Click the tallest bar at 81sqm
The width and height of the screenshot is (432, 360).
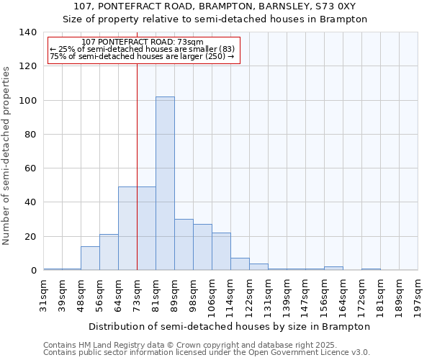tap(165, 184)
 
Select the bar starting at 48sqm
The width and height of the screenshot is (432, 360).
tap(90, 258)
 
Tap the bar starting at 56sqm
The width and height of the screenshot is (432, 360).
tap(109, 252)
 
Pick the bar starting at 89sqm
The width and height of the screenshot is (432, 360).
tap(184, 245)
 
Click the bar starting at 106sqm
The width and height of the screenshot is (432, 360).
tap(221, 251)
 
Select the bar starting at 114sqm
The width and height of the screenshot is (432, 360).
tap(240, 264)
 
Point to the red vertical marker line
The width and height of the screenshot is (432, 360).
tap(137, 166)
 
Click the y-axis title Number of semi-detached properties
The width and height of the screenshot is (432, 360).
tap(6, 155)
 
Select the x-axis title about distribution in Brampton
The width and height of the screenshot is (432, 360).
tap(230, 326)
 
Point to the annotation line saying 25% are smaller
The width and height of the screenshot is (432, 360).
tap(142, 49)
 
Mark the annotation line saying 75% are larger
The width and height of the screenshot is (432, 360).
tap(142, 56)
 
